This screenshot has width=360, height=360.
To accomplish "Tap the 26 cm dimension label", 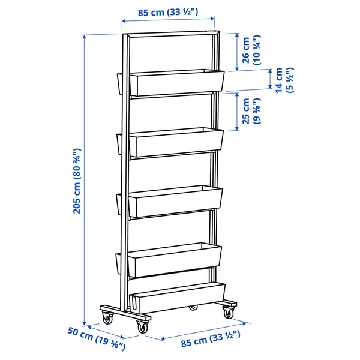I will point(250,52).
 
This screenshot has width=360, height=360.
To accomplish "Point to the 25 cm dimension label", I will point(249,110).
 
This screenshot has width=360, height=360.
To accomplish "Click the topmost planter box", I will point(176,83).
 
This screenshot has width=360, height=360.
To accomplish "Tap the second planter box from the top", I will point(175,142).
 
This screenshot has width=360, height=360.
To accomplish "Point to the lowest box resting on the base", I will point(178,298).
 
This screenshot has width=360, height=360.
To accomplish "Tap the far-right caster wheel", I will point(229,312).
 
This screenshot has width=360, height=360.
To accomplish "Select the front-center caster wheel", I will point(142,327).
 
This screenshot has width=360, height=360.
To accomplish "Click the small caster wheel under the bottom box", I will point(193,308).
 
